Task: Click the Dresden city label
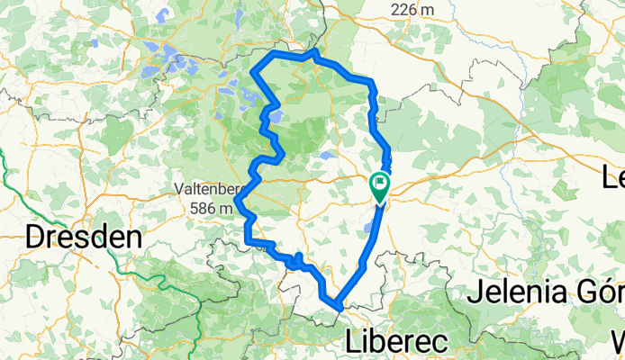(x=84, y=237)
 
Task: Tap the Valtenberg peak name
(x=211, y=189)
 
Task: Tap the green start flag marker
(x=380, y=186)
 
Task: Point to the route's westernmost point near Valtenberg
(x=238, y=203)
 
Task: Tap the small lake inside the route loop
(x=327, y=155)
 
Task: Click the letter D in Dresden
(x=36, y=237)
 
